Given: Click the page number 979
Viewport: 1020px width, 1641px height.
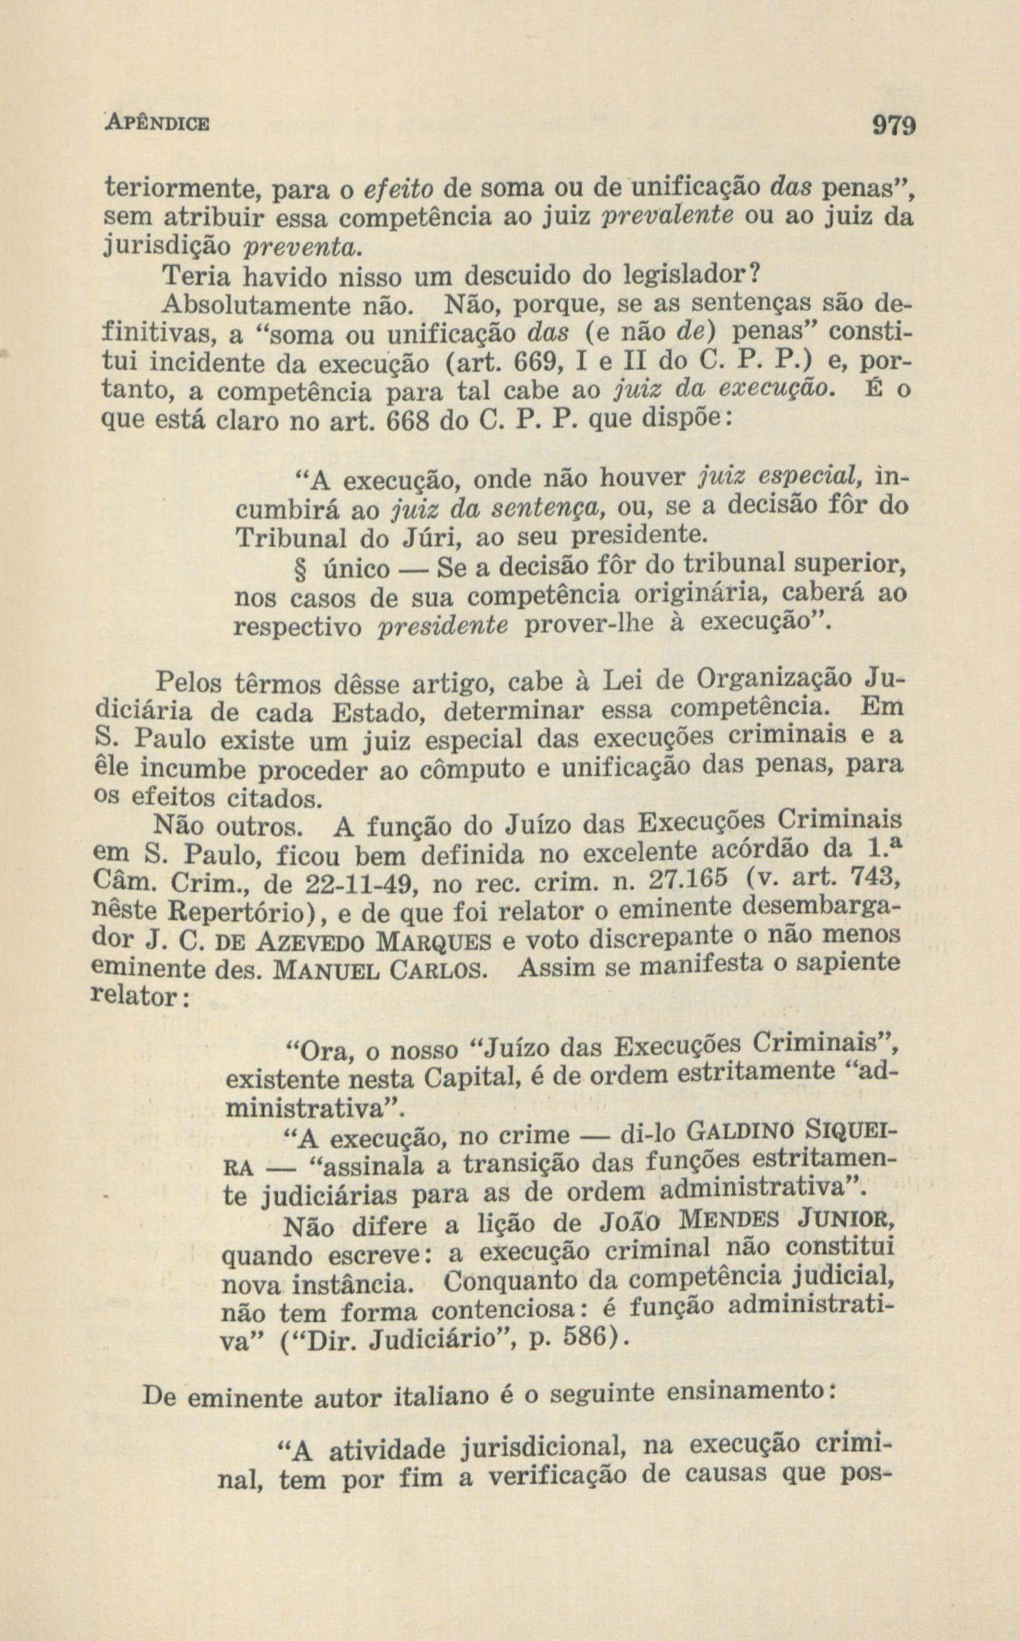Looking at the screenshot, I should click(x=894, y=126).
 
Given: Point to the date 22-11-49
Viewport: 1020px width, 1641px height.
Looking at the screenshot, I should click(x=361, y=884).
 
